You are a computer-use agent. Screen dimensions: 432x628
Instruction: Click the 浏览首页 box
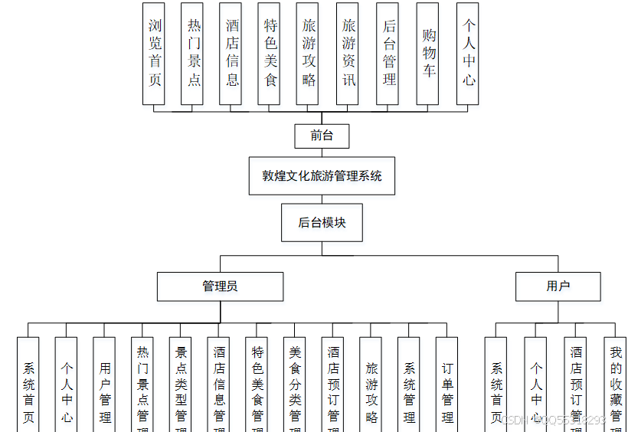click(x=154, y=54)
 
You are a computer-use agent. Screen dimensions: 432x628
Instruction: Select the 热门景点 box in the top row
click(x=192, y=54)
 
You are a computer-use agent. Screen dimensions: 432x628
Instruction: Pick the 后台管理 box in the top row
click(x=388, y=54)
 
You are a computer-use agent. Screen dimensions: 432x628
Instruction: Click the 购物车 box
click(x=427, y=54)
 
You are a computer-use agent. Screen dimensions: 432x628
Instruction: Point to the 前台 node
click(x=322, y=136)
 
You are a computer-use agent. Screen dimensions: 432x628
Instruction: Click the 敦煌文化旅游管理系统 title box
click(x=322, y=175)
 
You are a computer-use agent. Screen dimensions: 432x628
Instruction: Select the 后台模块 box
click(x=322, y=223)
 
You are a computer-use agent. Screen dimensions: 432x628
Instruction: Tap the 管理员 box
click(x=220, y=286)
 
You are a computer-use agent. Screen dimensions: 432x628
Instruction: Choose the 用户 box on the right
click(x=558, y=286)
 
